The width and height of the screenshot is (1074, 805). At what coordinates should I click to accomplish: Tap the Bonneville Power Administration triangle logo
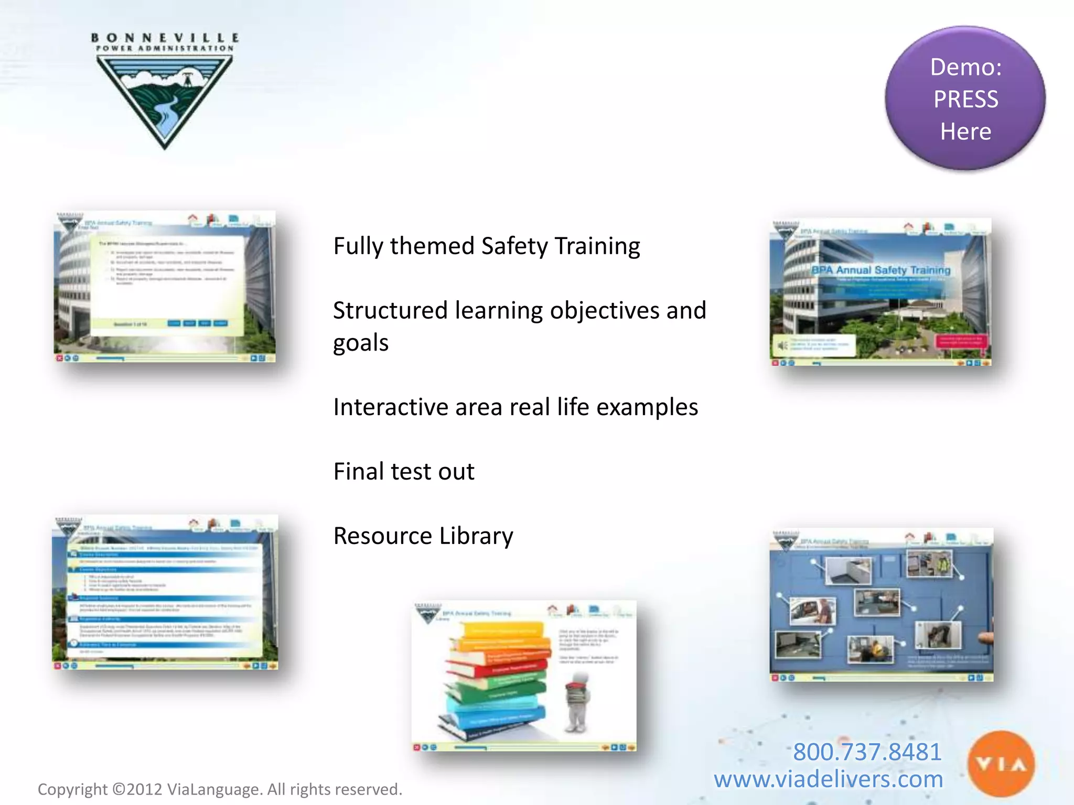tap(164, 100)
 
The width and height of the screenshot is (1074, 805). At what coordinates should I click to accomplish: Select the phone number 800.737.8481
tap(867, 752)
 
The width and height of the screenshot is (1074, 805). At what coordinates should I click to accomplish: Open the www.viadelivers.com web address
tap(828, 779)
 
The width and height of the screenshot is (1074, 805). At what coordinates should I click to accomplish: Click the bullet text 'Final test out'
tap(404, 471)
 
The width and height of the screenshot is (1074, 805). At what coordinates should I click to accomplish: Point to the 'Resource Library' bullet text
tap(423, 536)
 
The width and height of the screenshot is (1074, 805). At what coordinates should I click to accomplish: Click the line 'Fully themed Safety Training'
tap(487, 246)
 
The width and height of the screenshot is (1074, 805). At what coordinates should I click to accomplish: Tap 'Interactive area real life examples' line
tap(515, 407)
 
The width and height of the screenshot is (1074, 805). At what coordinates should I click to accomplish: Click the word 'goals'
tap(361, 343)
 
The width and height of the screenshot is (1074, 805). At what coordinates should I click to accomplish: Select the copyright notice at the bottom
tap(220, 789)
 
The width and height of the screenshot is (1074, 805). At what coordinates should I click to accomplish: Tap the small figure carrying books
tap(577, 702)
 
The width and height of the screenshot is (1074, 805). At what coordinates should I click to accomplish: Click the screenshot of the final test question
tap(165, 286)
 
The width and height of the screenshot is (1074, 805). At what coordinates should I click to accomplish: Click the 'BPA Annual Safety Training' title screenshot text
tap(881, 270)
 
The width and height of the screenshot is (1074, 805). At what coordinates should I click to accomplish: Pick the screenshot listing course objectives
tap(165, 592)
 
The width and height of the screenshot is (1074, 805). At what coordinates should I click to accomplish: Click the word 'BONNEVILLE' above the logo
tap(165, 38)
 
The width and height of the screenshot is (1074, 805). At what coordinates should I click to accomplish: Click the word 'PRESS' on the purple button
tap(965, 99)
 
